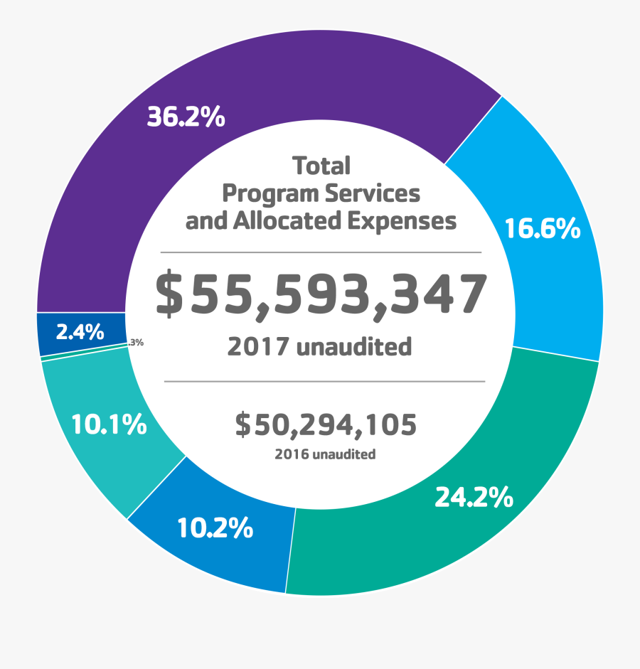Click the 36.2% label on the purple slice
click(x=186, y=117)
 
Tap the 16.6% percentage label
click(x=543, y=229)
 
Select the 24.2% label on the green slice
click(x=474, y=498)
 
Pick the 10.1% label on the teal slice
click(x=109, y=425)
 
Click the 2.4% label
click(x=80, y=332)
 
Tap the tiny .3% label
click(x=137, y=343)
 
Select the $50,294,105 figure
click(x=326, y=425)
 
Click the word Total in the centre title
click(x=321, y=166)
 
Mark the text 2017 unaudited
click(x=319, y=347)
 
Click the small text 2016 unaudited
click(x=325, y=454)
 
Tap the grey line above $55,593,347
click(x=321, y=252)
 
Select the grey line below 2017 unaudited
click(x=324, y=381)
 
